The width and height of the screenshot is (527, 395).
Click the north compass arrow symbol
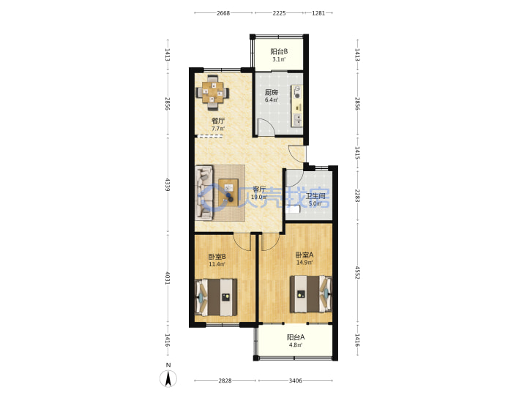point(168,378)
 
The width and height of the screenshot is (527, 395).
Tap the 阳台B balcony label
point(279,52)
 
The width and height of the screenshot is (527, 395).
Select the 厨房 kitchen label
point(272,92)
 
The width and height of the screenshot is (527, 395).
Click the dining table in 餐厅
point(212,92)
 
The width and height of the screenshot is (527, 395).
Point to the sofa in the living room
point(204,193)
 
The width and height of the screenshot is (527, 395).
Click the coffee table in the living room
point(228,193)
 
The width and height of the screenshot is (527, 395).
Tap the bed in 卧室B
point(216,297)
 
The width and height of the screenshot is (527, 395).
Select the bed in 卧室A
point(311,294)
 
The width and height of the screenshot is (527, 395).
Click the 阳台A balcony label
point(296,337)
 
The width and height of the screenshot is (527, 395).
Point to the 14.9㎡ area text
point(304,263)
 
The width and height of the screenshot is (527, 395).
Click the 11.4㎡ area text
point(217,264)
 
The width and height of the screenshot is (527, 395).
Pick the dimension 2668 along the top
point(223,13)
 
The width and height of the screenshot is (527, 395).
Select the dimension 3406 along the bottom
point(296,380)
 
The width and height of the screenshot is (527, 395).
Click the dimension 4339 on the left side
point(168,185)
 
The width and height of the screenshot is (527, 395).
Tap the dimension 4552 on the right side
point(357,272)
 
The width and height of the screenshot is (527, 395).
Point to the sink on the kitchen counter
point(297,119)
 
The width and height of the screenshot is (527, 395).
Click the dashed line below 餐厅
point(209,136)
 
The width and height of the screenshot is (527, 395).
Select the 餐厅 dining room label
point(218,121)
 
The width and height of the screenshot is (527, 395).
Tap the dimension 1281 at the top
point(318,13)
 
